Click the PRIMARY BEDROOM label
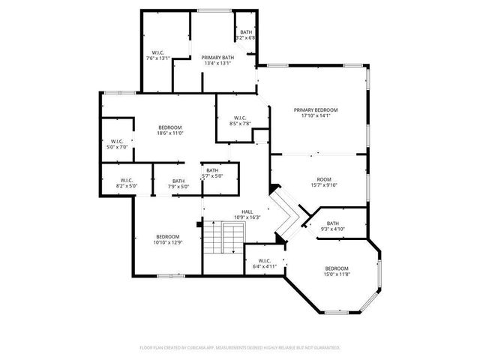(x=315, y=110)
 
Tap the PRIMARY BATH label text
(x=217, y=58)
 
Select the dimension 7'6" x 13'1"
(x=157, y=58)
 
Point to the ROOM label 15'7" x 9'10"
(x=324, y=185)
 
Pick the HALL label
(x=247, y=211)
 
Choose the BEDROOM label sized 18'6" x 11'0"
(x=170, y=128)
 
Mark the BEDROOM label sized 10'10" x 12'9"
(x=168, y=237)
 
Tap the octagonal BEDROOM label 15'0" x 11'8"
(x=337, y=268)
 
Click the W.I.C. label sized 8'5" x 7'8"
(x=240, y=118)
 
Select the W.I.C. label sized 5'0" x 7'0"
(x=117, y=142)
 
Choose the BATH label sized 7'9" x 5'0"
(x=178, y=180)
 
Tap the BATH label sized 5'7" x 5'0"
(x=213, y=170)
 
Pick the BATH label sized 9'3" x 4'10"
(x=332, y=223)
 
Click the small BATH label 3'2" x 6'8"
(x=246, y=32)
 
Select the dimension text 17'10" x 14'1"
(x=315, y=115)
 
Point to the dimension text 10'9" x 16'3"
(x=247, y=217)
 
